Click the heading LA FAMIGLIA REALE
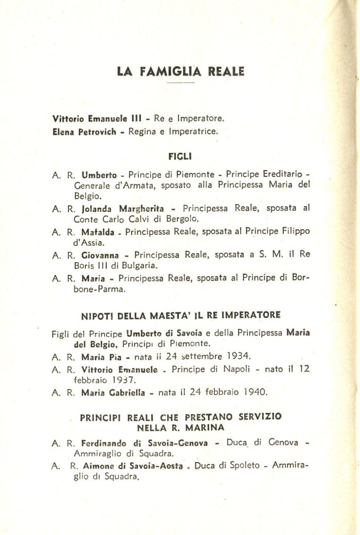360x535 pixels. tap(181, 71)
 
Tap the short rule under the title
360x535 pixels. tap(181, 83)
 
